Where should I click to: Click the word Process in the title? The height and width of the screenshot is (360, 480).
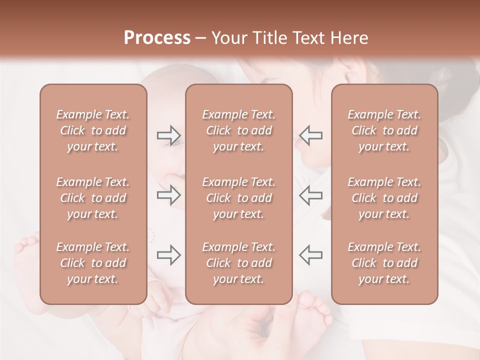157,37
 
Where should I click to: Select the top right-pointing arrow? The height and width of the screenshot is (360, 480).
169,135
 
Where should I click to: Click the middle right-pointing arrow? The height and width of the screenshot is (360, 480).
169,194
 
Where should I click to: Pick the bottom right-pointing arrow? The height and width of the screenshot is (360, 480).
169,255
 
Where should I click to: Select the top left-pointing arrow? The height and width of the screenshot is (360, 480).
310,135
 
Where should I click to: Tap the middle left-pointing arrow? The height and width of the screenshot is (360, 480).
310,194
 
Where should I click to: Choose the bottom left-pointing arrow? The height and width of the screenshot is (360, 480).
310,255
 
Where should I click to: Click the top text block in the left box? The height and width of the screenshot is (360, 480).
93,130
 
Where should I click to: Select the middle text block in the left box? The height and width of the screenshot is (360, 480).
93,198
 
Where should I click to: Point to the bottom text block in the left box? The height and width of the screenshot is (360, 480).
93,263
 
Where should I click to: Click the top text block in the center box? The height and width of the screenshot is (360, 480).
238,130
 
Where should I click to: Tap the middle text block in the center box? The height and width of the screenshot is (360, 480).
238,198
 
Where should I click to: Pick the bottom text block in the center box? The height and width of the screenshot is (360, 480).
238,263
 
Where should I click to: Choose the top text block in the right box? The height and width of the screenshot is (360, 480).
384,130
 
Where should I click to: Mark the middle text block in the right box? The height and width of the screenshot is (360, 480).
384,198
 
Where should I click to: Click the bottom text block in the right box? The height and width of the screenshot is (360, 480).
384,263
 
